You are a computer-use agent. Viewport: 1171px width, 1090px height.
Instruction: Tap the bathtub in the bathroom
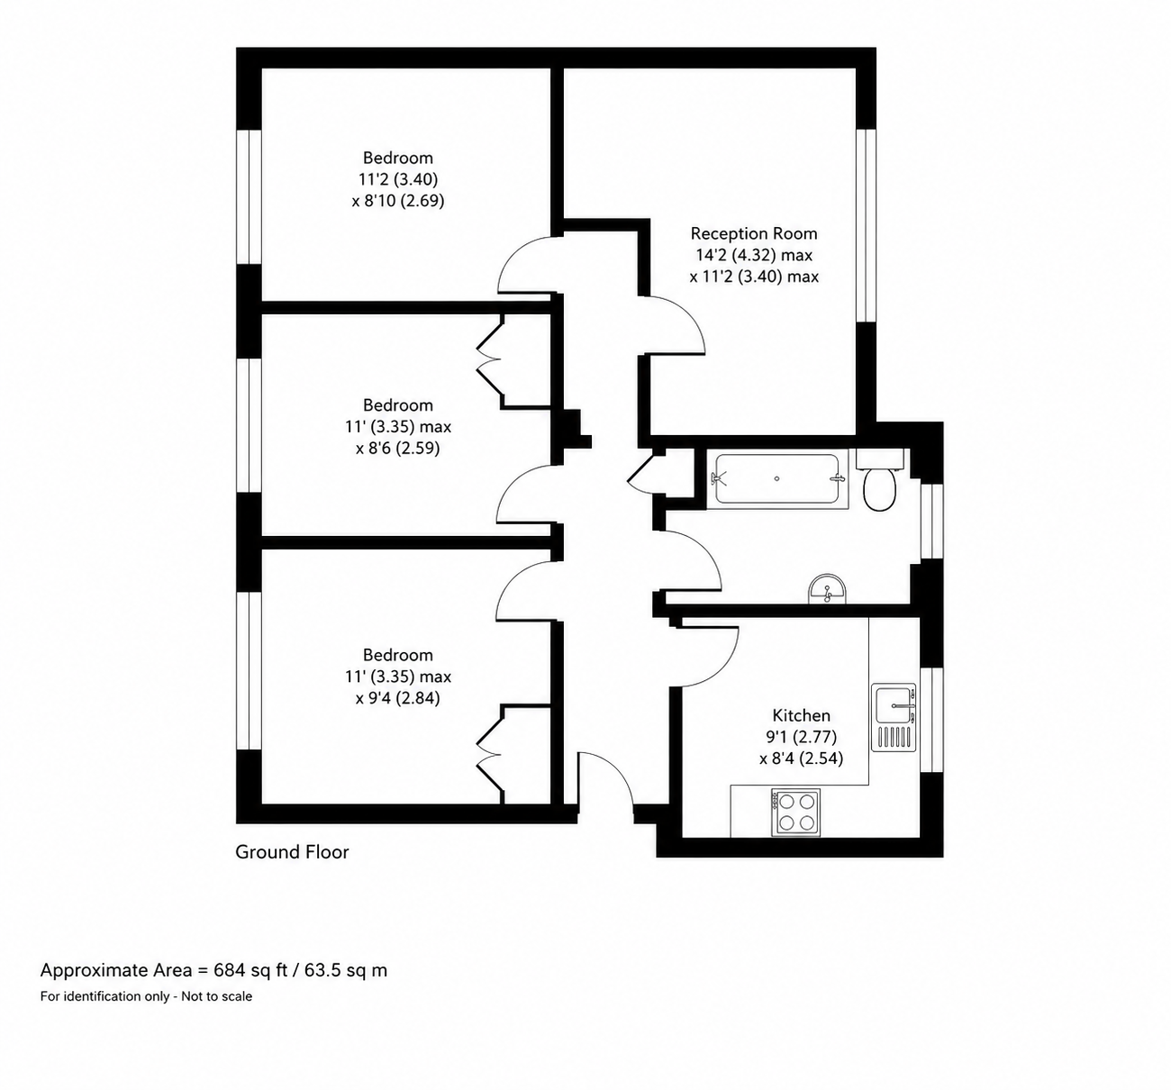(777, 479)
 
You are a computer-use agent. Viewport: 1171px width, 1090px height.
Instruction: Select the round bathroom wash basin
(827, 589)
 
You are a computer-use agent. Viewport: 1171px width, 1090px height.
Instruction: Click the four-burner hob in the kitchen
(795, 813)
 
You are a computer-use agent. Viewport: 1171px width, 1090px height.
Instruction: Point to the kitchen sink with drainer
(894, 717)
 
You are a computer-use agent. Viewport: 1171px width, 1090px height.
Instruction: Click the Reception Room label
(754, 233)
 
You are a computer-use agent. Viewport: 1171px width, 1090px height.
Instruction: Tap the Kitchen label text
(802, 715)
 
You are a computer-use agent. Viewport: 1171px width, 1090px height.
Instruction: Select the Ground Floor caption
(292, 851)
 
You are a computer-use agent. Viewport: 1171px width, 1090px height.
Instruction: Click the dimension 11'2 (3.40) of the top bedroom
(398, 178)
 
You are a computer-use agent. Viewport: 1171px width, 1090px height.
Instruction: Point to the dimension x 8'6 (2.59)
(398, 449)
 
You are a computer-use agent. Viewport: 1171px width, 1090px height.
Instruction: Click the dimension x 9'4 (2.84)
(398, 698)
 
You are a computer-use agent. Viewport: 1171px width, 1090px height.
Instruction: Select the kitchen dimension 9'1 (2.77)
(802, 737)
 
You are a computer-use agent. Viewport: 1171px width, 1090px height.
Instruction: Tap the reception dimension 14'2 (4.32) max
(754, 256)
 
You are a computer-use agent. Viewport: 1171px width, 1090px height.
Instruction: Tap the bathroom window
(932, 521)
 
